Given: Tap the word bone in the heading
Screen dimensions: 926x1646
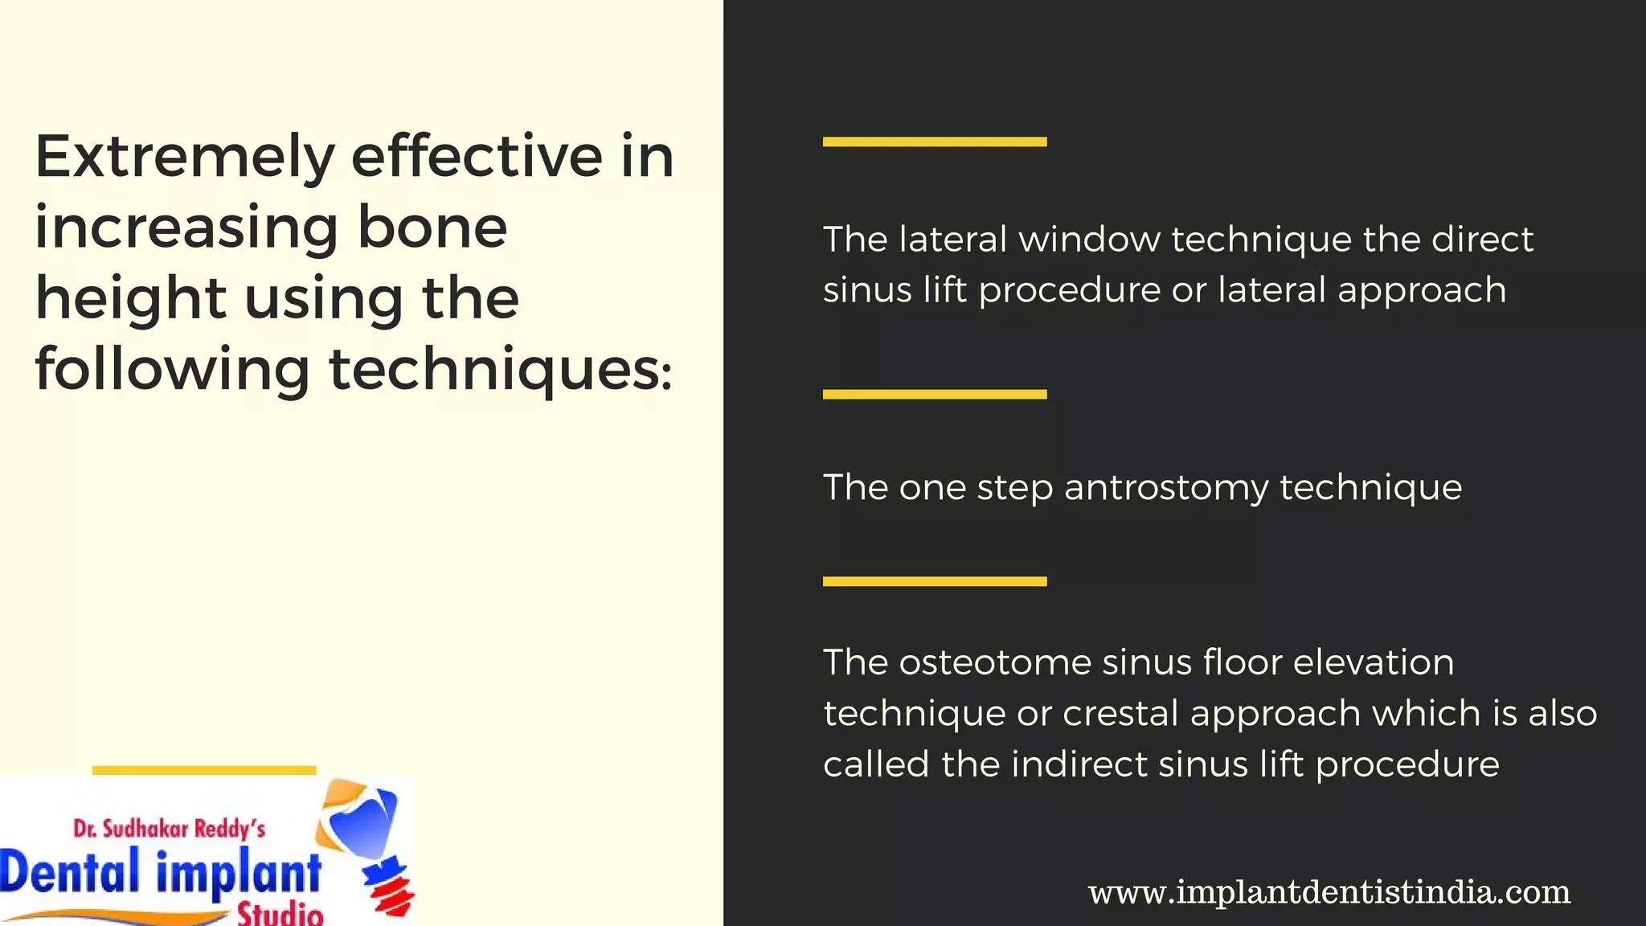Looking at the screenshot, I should pyautogui.click(x=432, y=227).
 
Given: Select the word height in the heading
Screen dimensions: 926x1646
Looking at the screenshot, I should pyautogui.click(x=130, y=299).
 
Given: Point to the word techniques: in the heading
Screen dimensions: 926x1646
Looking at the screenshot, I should pyautogui.click(x=500, y=370).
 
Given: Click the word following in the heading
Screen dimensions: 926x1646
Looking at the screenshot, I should pyautogui.click(x=172, y=370).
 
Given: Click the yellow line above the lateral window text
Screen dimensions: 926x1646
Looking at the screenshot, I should pyautogui.click(x=934, y=142).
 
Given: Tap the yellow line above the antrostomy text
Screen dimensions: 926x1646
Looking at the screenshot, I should pyautogui.click(x=934, y=395).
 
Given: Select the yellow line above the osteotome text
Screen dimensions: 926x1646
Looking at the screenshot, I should pyautogui.click(x=934, y=581).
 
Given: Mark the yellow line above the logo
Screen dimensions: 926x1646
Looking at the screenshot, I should pyautogui.click(x=204, y=770).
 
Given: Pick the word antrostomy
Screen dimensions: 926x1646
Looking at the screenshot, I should pyautogui.click(x=1166, y=488).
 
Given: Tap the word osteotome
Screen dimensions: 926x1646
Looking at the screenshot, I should pyautogui.click(x=994, y=663).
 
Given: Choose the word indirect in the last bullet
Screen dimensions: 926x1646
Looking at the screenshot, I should pyautogui.click(x=1079, y=764).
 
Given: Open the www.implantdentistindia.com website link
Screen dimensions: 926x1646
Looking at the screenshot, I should pyautogui.click(x=1329, y=892).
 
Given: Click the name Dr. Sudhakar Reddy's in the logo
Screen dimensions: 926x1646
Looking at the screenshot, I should pyautogui.click(x=169, y=829).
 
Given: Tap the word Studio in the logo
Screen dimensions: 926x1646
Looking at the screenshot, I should pyautogui.click(x=280, y=914).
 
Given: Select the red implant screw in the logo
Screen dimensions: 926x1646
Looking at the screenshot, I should pyautogui.click(x=389, y=888).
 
